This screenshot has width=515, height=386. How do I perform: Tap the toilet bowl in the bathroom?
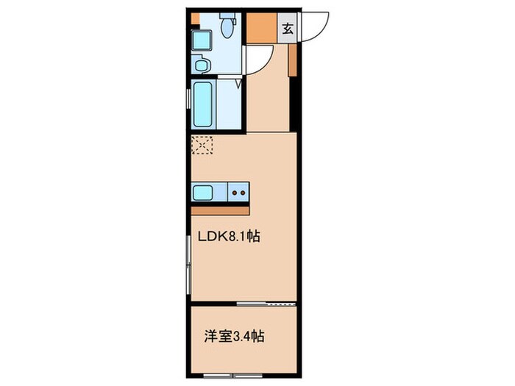[227, 28]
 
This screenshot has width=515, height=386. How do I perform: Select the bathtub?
[202, 104]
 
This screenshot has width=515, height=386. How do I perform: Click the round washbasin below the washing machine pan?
[200, 65]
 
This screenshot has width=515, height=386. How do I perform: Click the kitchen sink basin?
[203, 193]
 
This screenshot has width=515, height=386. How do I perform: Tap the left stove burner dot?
[235, 193]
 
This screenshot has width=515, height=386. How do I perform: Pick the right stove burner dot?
[243, 193]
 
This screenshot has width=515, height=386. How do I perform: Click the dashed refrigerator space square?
[202, 146]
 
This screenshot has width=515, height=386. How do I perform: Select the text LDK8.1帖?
[229, 236]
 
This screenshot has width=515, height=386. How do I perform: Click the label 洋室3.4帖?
[234, 337]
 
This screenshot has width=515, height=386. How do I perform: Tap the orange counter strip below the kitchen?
[220, 211]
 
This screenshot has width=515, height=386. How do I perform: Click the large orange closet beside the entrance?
[261, 28]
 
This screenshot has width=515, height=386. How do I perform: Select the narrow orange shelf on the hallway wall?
[292, 60]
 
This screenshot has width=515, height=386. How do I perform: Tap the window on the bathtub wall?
[188, 99]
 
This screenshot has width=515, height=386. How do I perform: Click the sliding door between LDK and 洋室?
[266, 304]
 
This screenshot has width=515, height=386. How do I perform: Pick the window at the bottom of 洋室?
[233, 375]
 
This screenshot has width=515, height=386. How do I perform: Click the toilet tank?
[227, 15]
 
